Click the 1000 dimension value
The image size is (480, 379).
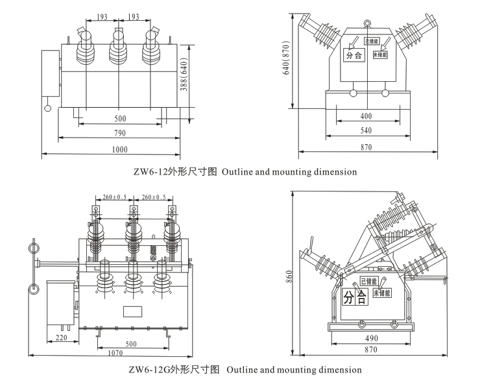119,149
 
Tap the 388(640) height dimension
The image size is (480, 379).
184,77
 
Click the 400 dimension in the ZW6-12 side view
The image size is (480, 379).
366,116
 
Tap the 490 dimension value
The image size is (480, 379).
370,338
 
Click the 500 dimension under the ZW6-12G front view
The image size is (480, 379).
131,343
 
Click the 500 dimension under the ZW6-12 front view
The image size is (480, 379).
120,119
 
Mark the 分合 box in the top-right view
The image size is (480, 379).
354,56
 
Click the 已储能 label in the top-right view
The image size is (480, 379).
371,41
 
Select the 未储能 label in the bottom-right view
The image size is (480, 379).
382,293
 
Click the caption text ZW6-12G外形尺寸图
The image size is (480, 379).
174,370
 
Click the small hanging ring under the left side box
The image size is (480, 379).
47,108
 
